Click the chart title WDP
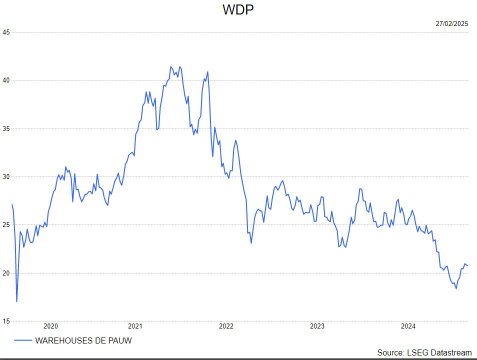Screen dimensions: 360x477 coord(238,10)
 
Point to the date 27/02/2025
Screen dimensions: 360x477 coord(451,23)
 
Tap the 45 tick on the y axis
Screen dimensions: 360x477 coord(6,32)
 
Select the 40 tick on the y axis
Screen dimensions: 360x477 coord(6,80)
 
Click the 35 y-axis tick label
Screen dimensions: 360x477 coord(6,128)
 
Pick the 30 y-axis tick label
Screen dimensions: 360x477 coord(6,177)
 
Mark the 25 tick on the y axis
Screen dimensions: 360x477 coord(6,225)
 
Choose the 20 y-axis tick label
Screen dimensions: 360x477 coord(6,273)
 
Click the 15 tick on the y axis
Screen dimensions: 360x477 coord(6,321)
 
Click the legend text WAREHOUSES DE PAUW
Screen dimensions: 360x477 coord(83,340)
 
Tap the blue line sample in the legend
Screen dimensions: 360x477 coord(23,340)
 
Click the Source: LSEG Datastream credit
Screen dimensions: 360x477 coord(424,352)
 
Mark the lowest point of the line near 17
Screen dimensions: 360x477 coord(17,301)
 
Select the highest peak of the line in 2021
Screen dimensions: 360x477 coord(170,66)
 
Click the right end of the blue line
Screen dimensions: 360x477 coord(467,265)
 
